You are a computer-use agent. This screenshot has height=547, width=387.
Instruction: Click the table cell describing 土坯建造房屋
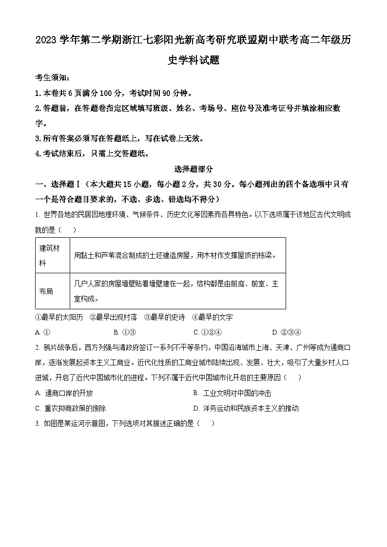(177, 255)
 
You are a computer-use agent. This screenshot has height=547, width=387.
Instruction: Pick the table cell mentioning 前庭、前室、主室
(177, 291)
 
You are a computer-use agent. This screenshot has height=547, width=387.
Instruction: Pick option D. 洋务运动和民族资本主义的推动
(246, 408)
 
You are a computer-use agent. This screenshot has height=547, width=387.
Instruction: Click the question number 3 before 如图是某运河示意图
(38, 423)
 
